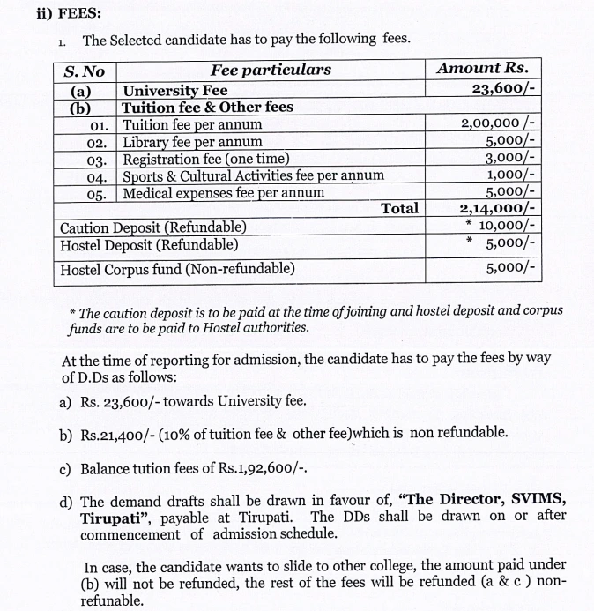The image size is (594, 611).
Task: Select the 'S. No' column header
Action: point(85,71)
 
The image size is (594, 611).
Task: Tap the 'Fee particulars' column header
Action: point(271,70)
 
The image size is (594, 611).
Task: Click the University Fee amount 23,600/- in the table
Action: point(504,90)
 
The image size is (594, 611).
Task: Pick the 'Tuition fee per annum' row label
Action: point(192,124)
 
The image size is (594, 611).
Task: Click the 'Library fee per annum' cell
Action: point(192,141)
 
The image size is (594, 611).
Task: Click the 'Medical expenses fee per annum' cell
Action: point(223,192)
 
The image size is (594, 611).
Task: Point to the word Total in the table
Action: point(399,208)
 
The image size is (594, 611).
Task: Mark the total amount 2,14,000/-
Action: point(498,209)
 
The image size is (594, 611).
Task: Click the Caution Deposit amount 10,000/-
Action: point(508,226)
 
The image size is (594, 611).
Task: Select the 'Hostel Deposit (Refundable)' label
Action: point(149,244)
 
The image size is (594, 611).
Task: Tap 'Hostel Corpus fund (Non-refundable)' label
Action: point(177,268)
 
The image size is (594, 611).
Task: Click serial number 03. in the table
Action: point(98,159)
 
